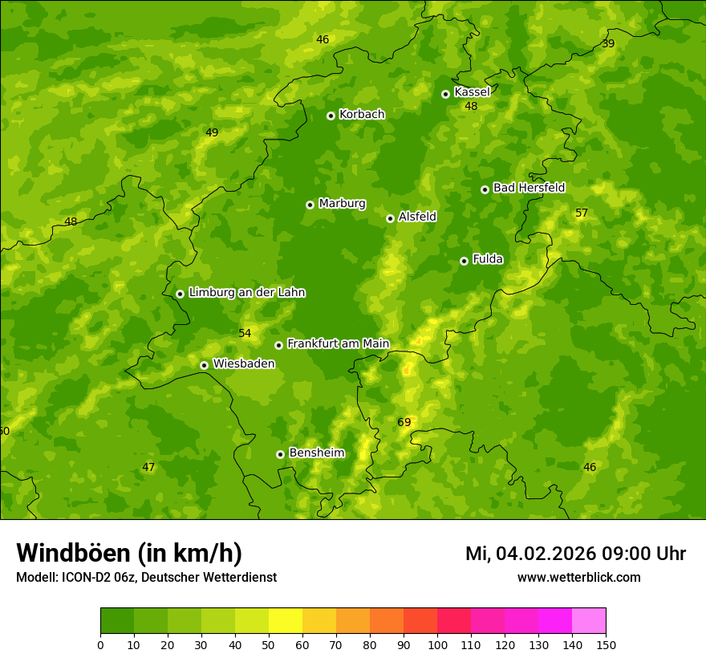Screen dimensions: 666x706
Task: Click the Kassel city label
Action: (x=472, y=92)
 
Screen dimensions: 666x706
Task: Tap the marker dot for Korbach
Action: (x=331, y=116)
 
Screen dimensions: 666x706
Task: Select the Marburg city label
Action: (x=342, y=204)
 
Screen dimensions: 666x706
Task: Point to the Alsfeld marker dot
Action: (x=390, y=218)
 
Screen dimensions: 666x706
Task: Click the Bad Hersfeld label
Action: (x=529, y=188)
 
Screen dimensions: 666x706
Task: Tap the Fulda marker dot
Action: (x=464, y=261)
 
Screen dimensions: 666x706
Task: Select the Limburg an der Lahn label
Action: (x=246, y=293)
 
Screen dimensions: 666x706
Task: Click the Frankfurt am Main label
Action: (x=338, y=343)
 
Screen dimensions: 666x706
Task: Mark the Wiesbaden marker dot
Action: (x=204, y=365)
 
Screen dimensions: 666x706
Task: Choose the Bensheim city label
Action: (x=316, y=453)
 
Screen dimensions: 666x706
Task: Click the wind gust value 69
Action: (x=404, y=422)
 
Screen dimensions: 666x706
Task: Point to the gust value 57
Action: (x=582, y=213)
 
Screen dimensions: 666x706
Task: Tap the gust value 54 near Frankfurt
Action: (x=245, y=333)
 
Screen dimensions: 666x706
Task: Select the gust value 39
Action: (x=608, y=43)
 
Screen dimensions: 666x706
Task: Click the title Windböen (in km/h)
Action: (x=129, y=553)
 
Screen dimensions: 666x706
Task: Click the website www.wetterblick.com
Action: (x=578, y=578)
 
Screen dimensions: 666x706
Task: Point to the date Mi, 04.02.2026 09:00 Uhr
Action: (x=575, y=554)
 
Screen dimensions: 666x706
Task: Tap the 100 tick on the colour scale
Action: (x=437, y=644)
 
